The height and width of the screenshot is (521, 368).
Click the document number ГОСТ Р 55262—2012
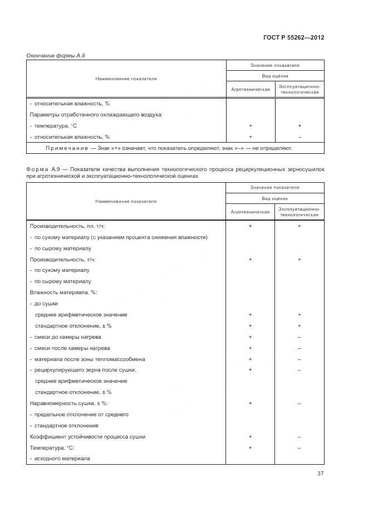(293, 37)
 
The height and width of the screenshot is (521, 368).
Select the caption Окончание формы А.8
(56, 55)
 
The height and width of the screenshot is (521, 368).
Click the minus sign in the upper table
(300, 137)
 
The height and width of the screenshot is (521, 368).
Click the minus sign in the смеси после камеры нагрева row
(300, 348)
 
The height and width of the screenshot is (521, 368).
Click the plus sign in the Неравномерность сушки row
(250, 403)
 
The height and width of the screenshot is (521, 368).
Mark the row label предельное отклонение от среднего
(81, 414)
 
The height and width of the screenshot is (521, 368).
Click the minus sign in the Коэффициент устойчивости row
(300, 436)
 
